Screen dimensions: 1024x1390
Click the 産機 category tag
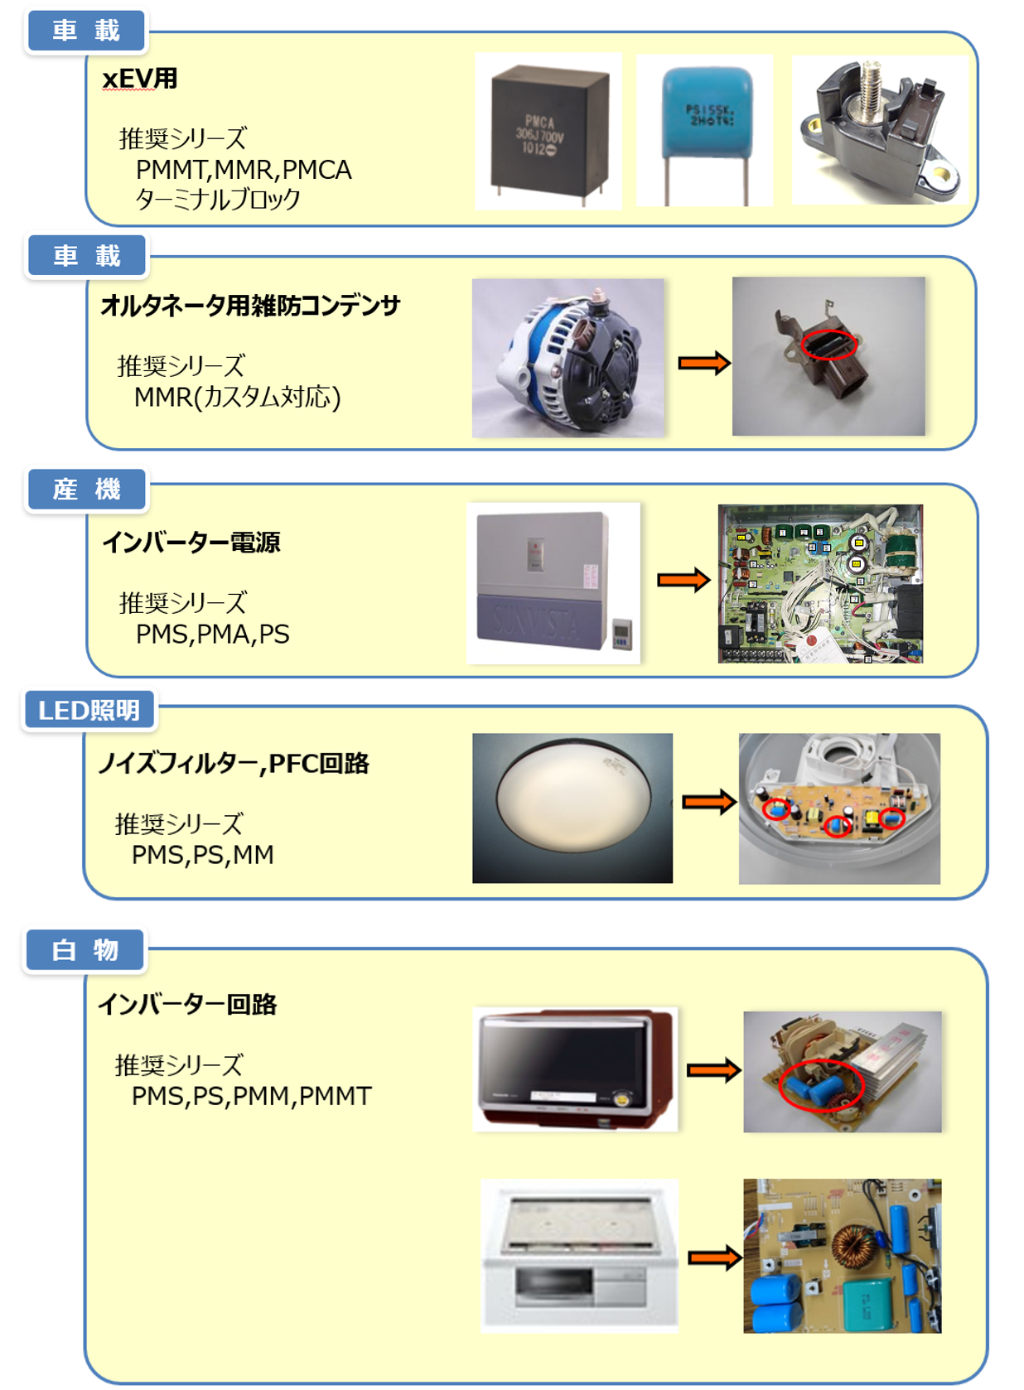tap(86, 489)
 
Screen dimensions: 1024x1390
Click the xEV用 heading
tap(140, 79)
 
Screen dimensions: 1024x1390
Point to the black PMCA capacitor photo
tap(548, 132)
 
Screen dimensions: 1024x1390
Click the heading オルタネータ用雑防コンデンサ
tap(250, 306)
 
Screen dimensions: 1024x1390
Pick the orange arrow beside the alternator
tap(703, 363)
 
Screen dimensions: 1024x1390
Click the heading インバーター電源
tap(191, 542)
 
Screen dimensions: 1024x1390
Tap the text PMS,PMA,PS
tap(213, 635)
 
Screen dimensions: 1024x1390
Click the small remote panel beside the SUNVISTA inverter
tap(622, 633)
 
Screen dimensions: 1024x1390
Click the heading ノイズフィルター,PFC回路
tap(234, 763)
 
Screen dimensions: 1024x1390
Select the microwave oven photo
tap(575, 1069)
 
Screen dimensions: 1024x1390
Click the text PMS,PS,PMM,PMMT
tap(252, 1096)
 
